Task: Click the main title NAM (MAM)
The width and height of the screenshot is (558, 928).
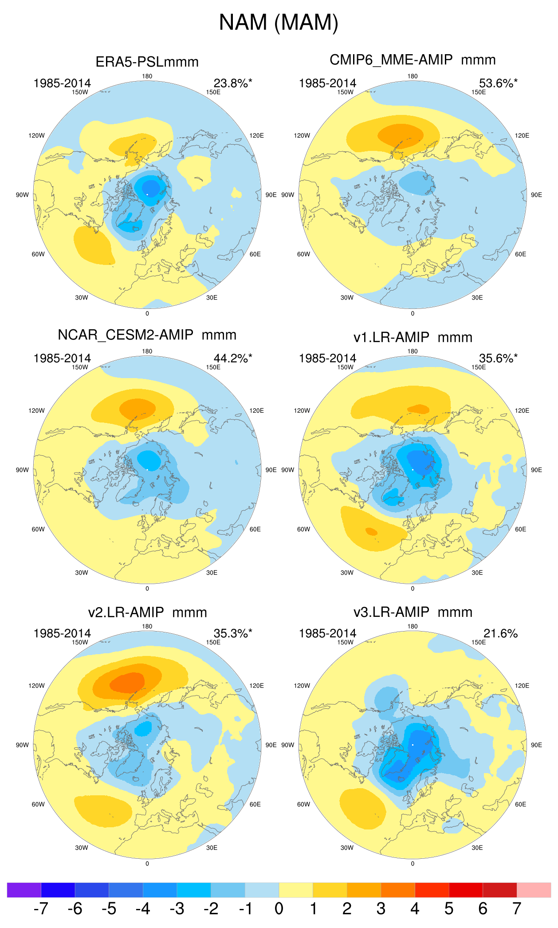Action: tap(279, 22)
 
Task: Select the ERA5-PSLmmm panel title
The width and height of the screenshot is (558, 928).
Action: tap(147, 62)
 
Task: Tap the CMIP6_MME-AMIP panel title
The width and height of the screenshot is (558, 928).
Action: tap(391, 59)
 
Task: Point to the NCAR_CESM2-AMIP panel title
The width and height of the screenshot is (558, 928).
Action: tap(126, 335)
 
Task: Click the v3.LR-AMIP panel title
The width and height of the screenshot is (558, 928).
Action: tap(391, 612)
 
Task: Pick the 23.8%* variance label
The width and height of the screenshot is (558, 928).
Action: tap(233, 83)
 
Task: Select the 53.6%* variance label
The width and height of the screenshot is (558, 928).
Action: tap(498, 83)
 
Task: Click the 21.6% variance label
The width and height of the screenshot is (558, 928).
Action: tap(500, 633)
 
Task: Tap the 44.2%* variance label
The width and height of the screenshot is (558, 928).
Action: tap(233, 358)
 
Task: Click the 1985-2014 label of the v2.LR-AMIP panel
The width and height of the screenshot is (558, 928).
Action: tap(62, 633)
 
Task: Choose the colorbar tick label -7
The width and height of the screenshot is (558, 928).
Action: tap(40, 908)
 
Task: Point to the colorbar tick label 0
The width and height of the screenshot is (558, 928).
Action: tap(279, 908)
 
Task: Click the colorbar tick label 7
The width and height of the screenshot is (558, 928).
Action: tap(517, 908)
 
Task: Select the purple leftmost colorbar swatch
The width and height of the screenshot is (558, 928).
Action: tap(24, 890)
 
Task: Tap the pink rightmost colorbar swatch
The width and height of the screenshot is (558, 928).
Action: tap(534, 890)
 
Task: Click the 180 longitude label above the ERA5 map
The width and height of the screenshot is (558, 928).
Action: tap(147, 76)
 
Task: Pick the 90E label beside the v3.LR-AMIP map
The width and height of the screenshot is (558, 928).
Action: tap(536, 745)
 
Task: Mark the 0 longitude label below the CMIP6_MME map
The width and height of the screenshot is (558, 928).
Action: tap(413, 313)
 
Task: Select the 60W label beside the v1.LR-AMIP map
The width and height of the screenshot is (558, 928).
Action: tap(303, 529)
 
